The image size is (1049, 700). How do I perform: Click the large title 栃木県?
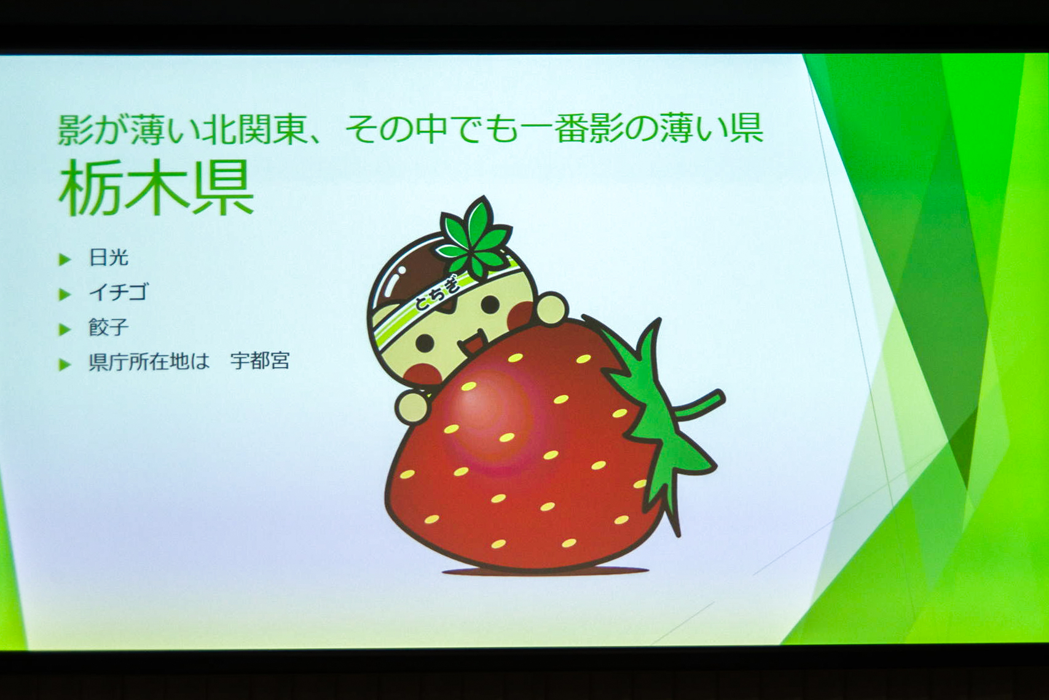pyautogui.click(x=156, y=188)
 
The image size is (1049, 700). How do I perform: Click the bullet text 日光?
pyautogui.click(x=109, y=258)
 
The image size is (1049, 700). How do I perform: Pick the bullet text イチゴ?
pyautogui.click(x=119, y=292)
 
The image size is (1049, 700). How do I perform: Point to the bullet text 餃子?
pyautogui.click(x=109, y=328)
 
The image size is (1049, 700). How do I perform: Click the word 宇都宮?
pyautogui.click(x=260, y=361)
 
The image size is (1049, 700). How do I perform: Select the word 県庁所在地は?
pyautogui.click(x=149, y=361)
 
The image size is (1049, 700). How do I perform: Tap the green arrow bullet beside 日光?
pyautogui.click(x=65, y=259)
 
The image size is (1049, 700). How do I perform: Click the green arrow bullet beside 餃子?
pyautogui.click(x=65, y=329)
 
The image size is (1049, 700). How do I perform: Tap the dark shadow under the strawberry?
pyautogui.click(x=546, y=571)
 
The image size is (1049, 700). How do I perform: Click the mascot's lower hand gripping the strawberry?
pyautogui.click(x=412, y=406)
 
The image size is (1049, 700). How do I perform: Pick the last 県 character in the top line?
pyautogui.click(x=746, y=128)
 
